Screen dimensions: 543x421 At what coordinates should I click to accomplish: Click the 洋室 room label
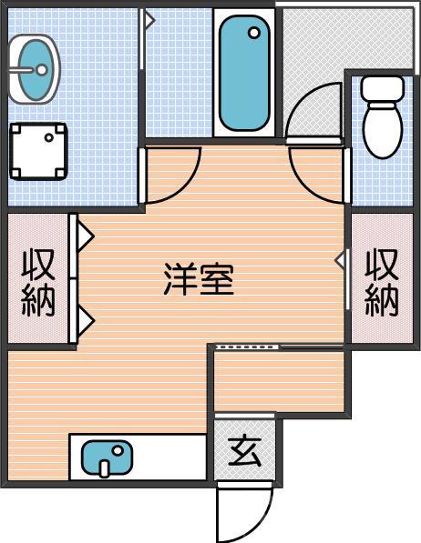[199, 278]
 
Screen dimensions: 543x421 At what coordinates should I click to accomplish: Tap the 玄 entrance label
[243, 450]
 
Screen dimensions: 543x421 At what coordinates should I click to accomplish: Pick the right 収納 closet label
[382, 281]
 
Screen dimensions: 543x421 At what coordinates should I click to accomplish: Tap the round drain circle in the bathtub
[254, 34]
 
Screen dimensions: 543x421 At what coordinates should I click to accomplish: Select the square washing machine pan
[38, 151]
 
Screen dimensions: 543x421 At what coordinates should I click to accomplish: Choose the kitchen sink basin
[106, 458]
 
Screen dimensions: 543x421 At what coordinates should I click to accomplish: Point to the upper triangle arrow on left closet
[85, 237]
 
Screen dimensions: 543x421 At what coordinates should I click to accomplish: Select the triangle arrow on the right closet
[340, 261]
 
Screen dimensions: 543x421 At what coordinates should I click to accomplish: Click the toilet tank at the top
[381, 90]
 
